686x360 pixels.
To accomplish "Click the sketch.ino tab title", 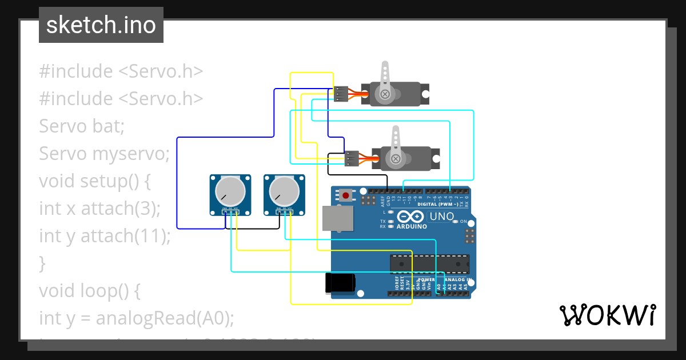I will (101, 25).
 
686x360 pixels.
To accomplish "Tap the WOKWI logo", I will (607, 315).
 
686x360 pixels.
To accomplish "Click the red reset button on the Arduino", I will (346, 195).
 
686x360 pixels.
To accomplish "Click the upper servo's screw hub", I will (385, 94).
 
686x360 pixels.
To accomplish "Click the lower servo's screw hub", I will (394, 158).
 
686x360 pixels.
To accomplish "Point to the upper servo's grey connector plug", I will (341, 94).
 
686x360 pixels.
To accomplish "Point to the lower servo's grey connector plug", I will (352, 158).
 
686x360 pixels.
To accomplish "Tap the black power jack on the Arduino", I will (340, 283).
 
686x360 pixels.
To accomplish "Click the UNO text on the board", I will (441, 217).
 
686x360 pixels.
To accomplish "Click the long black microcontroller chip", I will (429, 263).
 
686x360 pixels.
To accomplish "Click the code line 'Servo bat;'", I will (82, 126).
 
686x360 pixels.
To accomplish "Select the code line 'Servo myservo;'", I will (105, 154).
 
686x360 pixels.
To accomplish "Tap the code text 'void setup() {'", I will (94, 181).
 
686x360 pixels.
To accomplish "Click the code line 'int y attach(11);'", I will (105, 236).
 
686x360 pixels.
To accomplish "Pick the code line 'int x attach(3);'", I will (100, 209).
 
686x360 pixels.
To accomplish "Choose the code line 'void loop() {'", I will (89, 291).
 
